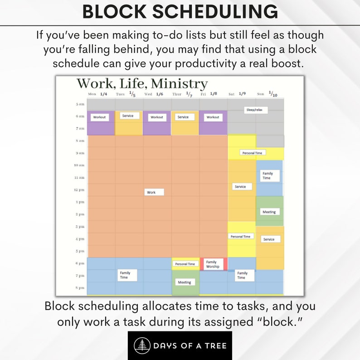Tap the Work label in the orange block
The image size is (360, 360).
tap(154, 192)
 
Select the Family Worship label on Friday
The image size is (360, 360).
tap(212, 264)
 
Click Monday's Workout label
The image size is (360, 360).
tap(99, 117)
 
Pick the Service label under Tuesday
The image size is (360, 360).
tap(128, 116)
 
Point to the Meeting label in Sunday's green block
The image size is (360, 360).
tap(269, 212)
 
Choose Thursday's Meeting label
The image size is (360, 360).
tap(184, 282)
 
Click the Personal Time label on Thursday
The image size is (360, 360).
tap(185, 264)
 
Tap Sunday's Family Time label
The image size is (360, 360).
tap(268, 175)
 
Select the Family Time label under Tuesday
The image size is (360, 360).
tap(125, 275)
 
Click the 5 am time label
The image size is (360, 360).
tap(79, 104)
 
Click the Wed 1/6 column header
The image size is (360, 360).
tap(154, 94)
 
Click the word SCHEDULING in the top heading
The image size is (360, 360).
tap(215, 12)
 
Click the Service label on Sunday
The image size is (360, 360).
tap(269, 239)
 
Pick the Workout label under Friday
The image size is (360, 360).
tap(213, 117)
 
